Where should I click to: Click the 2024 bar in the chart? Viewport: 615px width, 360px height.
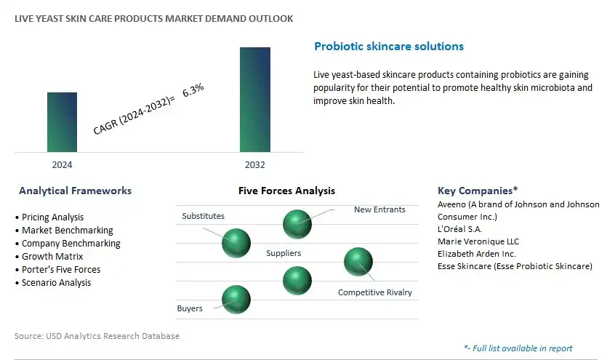click(x=62, y=122)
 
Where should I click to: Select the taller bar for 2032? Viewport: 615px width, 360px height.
click(x=255, y=100)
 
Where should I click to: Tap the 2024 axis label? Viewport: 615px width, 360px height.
click(x=62, y=165)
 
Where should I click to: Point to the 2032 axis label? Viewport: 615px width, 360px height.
click(x=255, y=165)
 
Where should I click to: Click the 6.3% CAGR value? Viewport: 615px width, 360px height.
click(x=193, y=90)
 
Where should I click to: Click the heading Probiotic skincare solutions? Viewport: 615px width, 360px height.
click(x=389, y=47)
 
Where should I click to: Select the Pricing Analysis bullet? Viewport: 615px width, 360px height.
click(x=49, y=217)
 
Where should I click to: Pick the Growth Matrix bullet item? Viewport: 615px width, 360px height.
click(x=49, y=256)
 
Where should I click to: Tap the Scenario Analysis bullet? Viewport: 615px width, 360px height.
click(x=53, y=283)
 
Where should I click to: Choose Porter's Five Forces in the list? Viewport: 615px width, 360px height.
click(x=57, y=269)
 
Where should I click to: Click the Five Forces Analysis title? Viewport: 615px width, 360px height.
click(x=286, y=191)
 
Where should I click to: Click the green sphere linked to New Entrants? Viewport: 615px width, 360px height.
click(x=297, y=224)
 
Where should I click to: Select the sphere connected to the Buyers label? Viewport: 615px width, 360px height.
click(x=236, y=300)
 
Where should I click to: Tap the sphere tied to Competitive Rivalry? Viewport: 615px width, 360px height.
click(x=358, y=262)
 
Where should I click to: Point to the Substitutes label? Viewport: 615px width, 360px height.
click(x=203, y=216)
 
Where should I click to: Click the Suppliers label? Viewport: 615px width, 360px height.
click(x=284, y=253)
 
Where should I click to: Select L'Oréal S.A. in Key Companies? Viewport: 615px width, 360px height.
click(x=459, y=229)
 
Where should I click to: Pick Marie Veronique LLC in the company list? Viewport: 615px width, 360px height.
click(x=478, y=241)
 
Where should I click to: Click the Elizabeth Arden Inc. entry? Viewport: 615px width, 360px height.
click(x=477, y=254)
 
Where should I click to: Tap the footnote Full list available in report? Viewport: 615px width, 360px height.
click(x=518, y=348)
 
